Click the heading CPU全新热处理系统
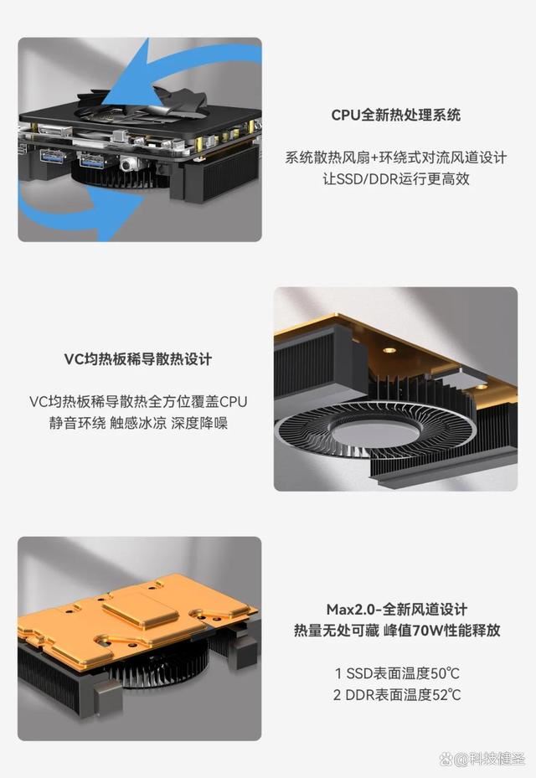pos(395,115)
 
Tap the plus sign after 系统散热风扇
pos(374,158)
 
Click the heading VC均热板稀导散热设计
pos(138,358)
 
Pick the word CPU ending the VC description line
pos(233,401)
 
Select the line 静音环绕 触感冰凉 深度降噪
pos(138,423)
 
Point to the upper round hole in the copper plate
pos(389,350)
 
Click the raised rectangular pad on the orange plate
pos(140,608)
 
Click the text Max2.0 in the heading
pos(350,610)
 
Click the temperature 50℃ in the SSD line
pos(446,673)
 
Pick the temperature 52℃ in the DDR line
pos(446,694)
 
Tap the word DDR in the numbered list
pos(360,694)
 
